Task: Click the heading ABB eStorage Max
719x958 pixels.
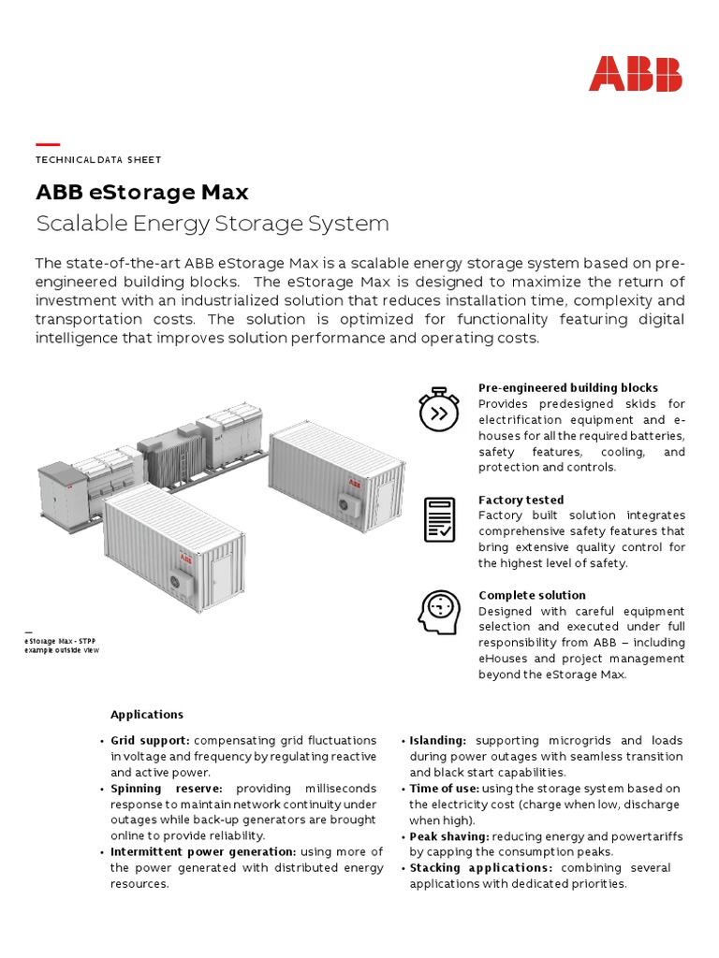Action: coord(142,193)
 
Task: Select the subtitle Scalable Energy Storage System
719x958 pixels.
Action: coord(212,224)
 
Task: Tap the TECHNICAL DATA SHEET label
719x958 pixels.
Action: coord(98,160)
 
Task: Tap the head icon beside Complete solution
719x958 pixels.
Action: coord(438,612)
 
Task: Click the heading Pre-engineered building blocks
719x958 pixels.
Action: coord(567,387)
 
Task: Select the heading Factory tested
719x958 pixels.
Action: coord(521,500)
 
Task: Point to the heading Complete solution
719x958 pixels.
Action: coord(532,595)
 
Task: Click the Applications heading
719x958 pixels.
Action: coord(147,715)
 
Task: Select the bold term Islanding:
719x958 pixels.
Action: coord(437,741)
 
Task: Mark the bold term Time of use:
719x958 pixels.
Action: coord(444,789)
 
